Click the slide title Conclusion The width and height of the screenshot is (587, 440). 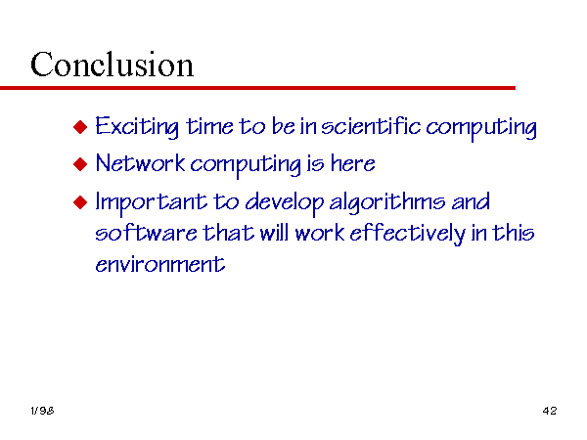[x=112, y=65]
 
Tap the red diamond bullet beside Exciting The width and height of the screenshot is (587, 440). [x=80, y=127]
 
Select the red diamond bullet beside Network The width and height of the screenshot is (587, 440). [x=80, y=164]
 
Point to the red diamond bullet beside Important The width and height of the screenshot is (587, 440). [x=80, y=202]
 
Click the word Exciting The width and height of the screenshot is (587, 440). [x=137, y=126]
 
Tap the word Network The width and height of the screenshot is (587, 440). [x=140, y=163]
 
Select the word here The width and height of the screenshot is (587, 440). [x=352, y=163]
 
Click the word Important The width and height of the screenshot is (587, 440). [x=152, y=202]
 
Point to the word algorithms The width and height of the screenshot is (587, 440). [x=387, y=202]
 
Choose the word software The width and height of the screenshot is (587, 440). [x=146, y=233]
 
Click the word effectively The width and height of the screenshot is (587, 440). [x=408, y=234]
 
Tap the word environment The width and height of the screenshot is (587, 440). [x=160, y=264]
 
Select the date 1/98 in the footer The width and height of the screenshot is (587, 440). [x=42, y=411]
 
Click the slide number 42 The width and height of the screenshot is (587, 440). [x=550, y=411]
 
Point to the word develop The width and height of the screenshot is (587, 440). [x=285, y=202]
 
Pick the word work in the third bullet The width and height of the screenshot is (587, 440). [x=320, y=233]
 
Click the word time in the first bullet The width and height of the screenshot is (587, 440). [x=209, y=126]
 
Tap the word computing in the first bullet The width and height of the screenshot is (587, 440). [x=481, y=128]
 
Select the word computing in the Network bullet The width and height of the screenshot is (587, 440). [x=246, y=165]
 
